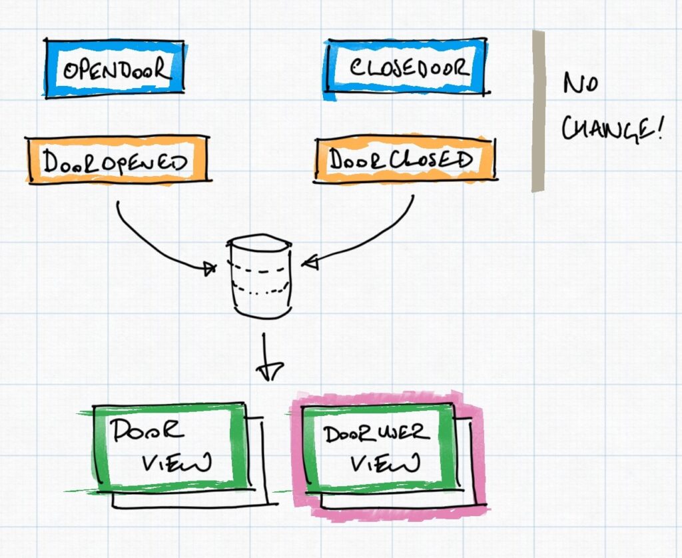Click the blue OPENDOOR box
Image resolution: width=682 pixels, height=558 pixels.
[115, 69]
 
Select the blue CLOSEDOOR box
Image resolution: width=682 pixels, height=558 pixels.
[407, 67]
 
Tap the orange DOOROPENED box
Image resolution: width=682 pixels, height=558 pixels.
[117, 160]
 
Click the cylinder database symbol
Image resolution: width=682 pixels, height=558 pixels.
[260, 277]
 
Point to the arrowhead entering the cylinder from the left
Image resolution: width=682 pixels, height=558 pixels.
[209, 269]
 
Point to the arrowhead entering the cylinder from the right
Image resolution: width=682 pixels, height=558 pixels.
[310, 263]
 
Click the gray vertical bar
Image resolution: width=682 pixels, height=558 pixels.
[538, 111]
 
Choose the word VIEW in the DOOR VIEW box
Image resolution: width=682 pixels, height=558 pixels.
[176, 462]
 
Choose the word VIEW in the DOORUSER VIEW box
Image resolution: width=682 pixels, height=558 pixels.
[386, 462]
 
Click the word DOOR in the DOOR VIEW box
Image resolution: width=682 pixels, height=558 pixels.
[147, 430]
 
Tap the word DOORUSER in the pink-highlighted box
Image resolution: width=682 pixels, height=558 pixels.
[377, 433]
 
